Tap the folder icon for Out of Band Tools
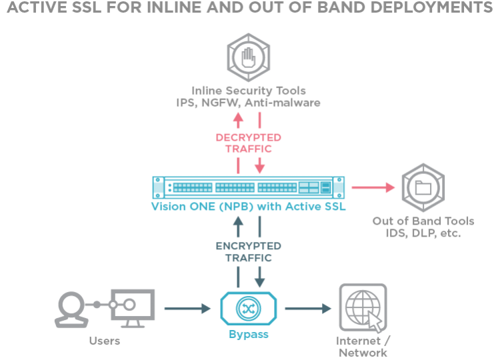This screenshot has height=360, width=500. click(423, 188)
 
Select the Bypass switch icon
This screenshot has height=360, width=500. click(249, 308)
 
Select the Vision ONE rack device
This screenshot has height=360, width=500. click(249, 187)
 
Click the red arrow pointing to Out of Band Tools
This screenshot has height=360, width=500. click(373, 188)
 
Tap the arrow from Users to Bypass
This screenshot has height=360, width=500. click(187, 309)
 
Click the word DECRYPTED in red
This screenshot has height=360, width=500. click(249, 137)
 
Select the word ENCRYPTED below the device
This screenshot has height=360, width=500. click(249, 246)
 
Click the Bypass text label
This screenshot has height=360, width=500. click(249, 334)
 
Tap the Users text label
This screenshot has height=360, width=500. click(104, 341)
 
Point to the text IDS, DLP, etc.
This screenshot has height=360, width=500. click(423, 233)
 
